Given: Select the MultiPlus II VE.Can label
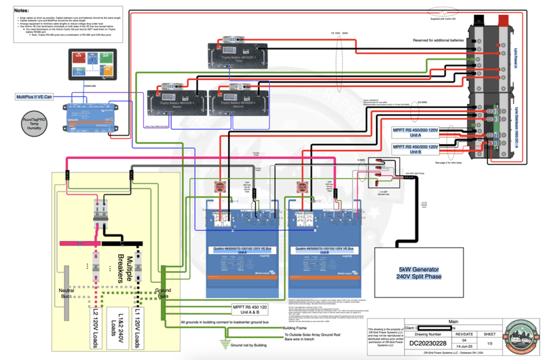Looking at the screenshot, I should pyautogui.click(x=39, y=97).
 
